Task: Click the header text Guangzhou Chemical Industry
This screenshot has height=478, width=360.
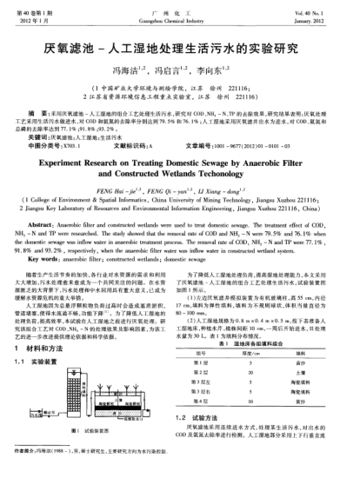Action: point(179,15)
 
